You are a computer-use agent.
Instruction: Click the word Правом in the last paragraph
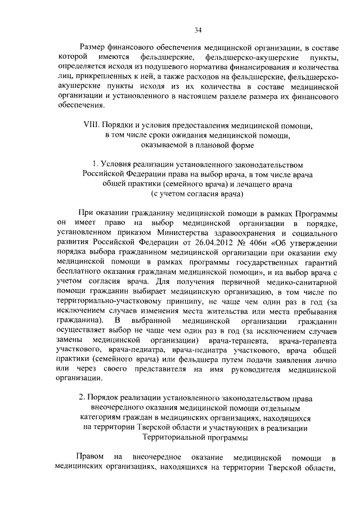point(91,457)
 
